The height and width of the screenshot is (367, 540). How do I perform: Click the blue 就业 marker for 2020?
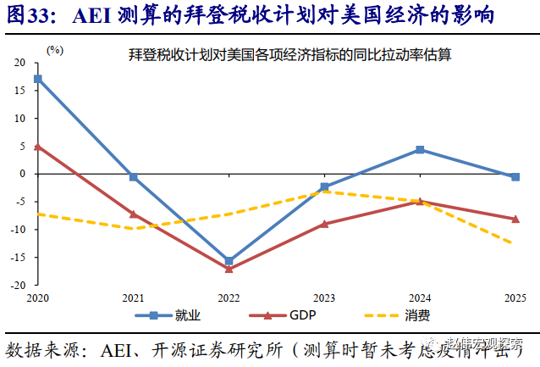(37, 79)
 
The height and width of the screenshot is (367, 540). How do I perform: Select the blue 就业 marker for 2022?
(229, 261)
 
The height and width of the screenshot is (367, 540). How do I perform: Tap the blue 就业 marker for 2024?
(420, 150)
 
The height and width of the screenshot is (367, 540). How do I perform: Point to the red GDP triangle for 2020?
(37, 146)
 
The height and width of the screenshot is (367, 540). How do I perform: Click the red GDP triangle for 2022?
(229, 269)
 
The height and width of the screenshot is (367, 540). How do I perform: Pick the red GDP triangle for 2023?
(324, 224)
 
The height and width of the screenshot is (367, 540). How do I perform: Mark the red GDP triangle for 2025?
(515, 219)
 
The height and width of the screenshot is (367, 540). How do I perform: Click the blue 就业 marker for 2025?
(515, 176)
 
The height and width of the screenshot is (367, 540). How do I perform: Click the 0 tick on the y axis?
(24, 175)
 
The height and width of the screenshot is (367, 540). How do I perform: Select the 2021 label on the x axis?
(133, 298)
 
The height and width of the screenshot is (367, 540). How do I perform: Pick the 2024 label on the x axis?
(420, 298)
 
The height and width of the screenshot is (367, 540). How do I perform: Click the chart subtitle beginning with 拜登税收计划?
(289, 55)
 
